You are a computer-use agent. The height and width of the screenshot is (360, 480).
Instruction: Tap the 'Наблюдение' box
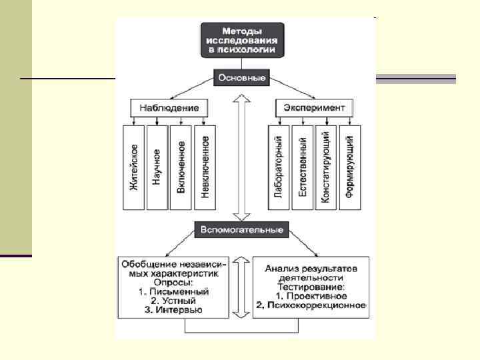(x=169, y=107)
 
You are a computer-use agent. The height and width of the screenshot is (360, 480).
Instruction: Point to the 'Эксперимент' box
(x=315, y=107)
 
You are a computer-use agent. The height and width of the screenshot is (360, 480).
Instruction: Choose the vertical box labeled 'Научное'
(x=157, y=167)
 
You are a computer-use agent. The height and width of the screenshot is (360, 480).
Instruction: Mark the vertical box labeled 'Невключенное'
(x=205, y=167)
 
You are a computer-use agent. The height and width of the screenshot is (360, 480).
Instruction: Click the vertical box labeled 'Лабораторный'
(x=279, y=167)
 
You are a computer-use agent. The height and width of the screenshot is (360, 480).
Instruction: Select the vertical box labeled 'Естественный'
(x=303, y=167)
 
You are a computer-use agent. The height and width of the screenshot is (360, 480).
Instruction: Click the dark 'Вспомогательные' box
(x=241, y=230)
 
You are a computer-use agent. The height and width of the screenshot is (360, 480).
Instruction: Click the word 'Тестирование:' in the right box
(x=312, y=286)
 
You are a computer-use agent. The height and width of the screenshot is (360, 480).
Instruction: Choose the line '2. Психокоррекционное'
(x=312, y=305)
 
